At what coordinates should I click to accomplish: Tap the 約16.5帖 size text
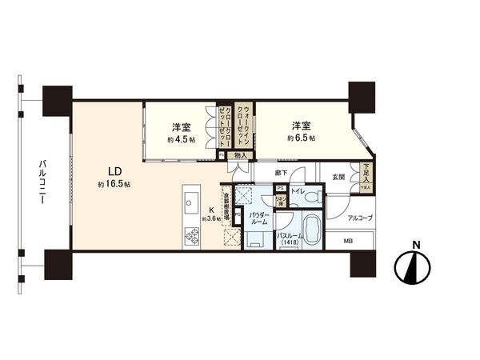[114, 184]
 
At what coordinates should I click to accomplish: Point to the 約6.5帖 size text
[302, 138]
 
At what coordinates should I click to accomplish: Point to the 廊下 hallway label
[279, 172]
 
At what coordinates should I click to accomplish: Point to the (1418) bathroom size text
[289, 244]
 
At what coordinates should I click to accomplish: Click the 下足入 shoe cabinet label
[366, 172]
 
